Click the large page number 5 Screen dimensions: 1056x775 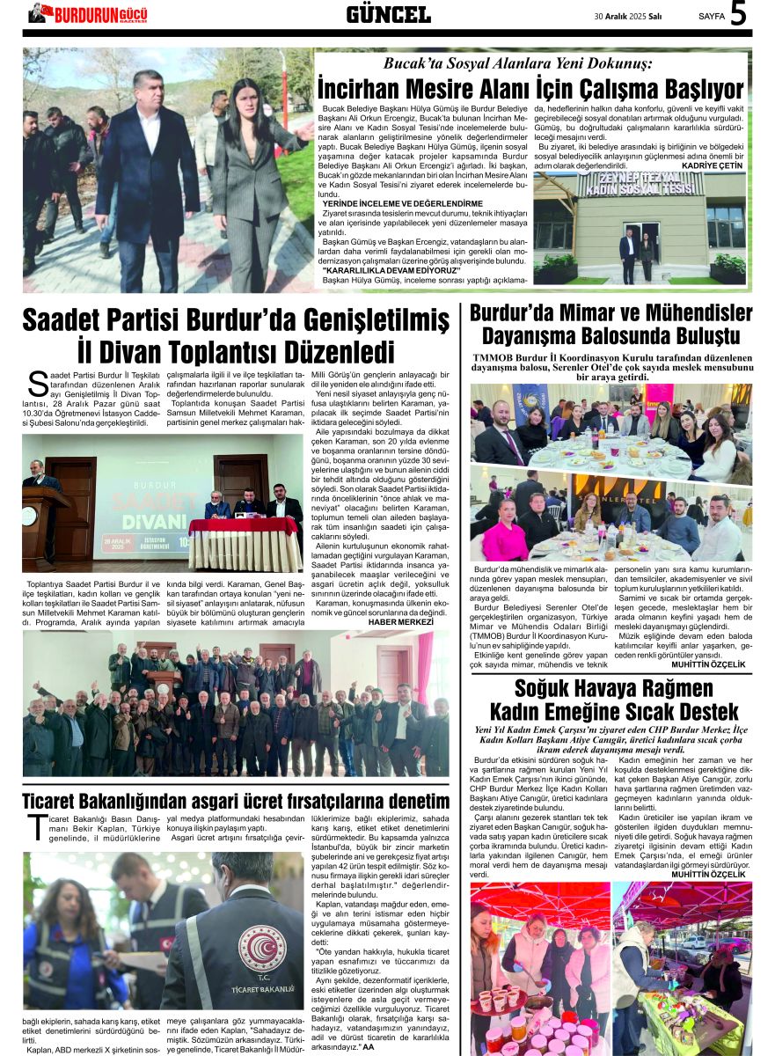pyautogui.click(x=738, y=15)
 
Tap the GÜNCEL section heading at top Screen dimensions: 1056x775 pyautogui.click(x=388, y=15)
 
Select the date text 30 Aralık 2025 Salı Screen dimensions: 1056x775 pyautogui.click(x=628, y=16)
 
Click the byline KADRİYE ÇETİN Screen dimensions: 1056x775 pyautogui.click(x=713, y=165)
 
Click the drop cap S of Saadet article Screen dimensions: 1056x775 pyautogui.click(x=37, y=384)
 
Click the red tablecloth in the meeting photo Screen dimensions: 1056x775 pyautogui.click(x=244, y=526)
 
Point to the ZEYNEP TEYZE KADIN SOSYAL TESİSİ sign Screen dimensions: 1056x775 pyautogui.click(x=641, y=184)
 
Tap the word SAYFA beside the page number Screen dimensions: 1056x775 pyautogui.click(x=711, y=16)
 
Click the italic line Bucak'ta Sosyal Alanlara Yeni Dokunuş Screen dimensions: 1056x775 pyautogui.click(x=517, y=63)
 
